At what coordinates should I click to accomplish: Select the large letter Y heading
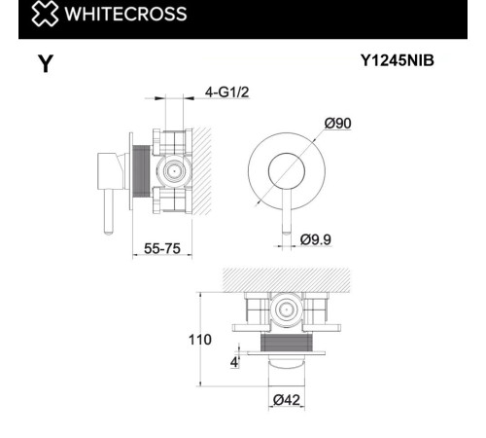[45, 65]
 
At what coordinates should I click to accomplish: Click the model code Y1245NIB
[398, 60]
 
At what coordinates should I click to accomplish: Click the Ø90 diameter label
[337, 123]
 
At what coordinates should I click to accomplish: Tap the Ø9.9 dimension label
[318, 238]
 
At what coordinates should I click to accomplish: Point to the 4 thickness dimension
[234, 362]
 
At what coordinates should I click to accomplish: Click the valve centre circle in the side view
[173, 169]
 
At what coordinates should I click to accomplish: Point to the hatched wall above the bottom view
[287, 279]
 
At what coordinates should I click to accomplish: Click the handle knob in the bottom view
[287, 365]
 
